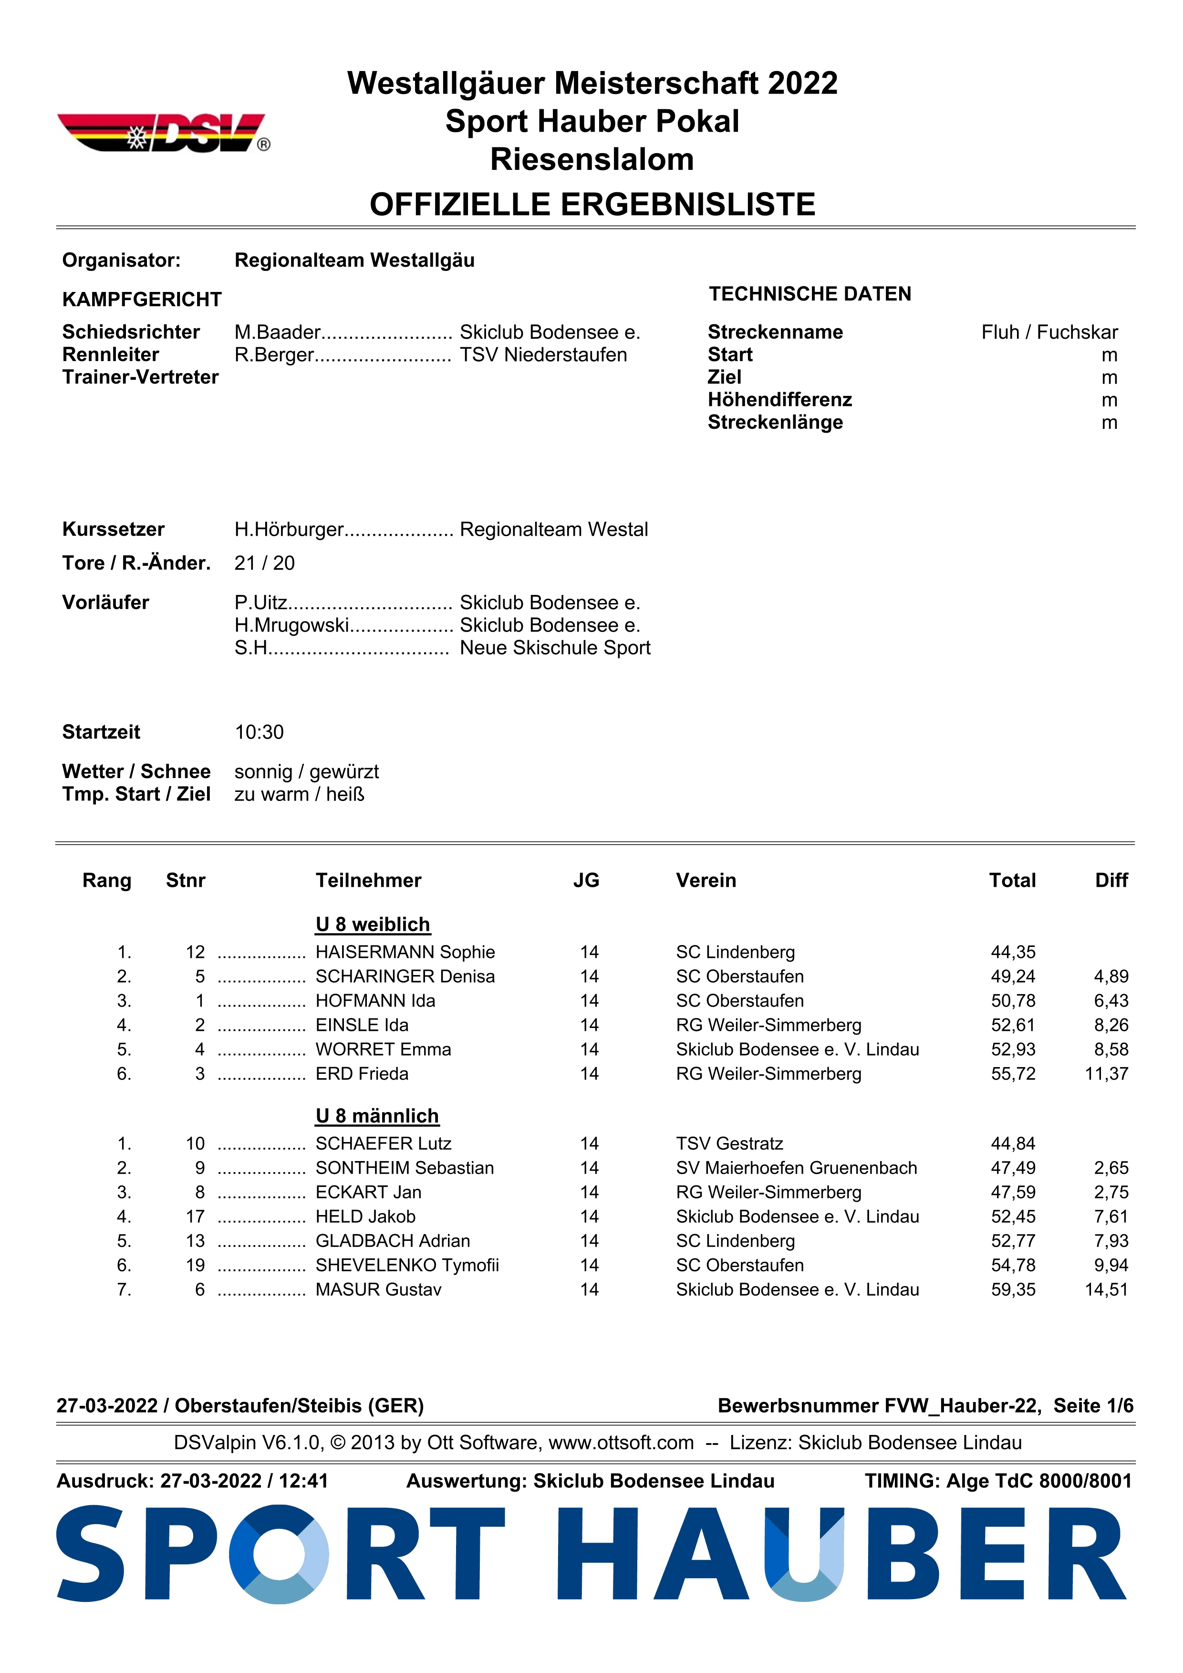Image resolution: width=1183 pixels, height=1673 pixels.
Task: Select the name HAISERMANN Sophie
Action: pyautogui.click(x=405, y=952)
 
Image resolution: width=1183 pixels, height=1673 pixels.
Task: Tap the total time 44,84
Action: pyautogui.click(x=1013, y=1143)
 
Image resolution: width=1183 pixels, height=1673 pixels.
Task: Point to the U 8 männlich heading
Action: pyautogui.click(x=377, y=1116)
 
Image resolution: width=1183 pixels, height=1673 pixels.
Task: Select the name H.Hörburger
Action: pyautogui.click(x=289, y=529)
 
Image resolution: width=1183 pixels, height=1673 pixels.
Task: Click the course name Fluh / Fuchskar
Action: pyautogui.click(x=1049, y=333)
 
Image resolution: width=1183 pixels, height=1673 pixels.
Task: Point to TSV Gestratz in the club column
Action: pyautogui.click(x=729, y=1143)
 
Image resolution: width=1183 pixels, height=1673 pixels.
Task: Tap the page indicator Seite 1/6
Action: pyautogui.click(x=1093, y=1405)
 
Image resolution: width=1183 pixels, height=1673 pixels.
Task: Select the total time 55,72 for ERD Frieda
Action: pyautogui.click(x=1013, y=1073)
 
